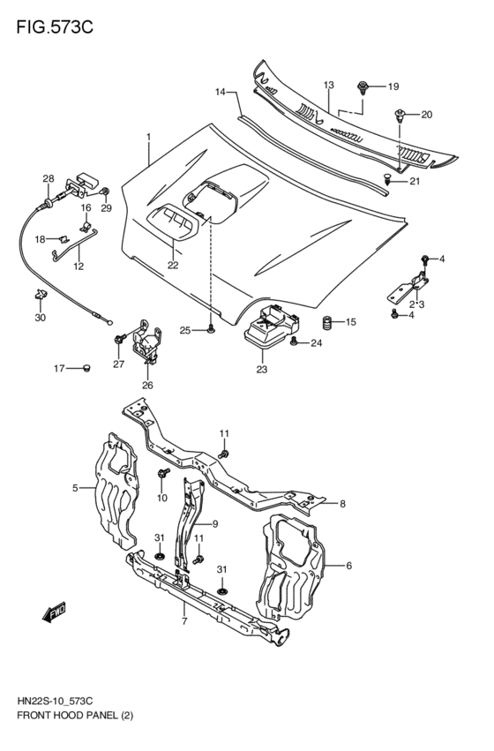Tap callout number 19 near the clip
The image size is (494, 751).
393,86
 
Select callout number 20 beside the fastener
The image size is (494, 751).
426,115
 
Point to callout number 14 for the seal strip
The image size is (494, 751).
221,91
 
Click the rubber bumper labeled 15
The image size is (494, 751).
325,322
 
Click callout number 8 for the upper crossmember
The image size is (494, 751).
343,504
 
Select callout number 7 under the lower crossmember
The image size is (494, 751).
183,622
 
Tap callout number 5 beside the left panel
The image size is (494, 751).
76,487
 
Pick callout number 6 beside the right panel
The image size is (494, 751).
348,566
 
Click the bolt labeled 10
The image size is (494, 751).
164,474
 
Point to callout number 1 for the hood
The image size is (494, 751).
149,137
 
